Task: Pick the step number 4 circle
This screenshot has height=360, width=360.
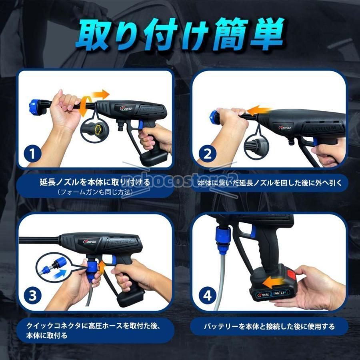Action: click(x=207, y=296)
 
